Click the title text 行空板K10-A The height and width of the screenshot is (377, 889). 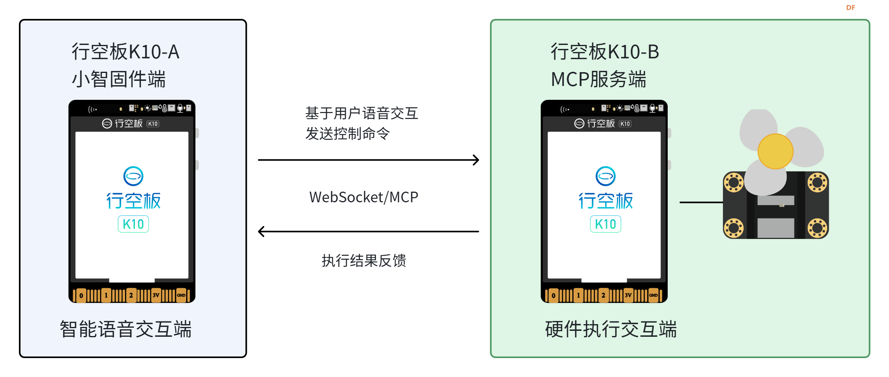coord(125,52)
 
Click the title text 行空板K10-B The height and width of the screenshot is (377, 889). coord(605,52)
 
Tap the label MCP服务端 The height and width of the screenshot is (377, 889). coord(598,79)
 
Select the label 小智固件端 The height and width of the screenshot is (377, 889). coord(119,79)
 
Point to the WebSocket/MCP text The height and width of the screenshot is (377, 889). coord(363,197)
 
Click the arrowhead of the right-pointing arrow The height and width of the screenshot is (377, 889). coord(476,160)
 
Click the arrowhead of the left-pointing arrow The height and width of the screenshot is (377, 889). coord(261,231)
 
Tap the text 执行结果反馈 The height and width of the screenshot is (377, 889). coord(363,261)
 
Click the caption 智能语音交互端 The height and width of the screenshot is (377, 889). coord(125,329)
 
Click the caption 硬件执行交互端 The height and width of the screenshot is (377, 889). coord(611,329)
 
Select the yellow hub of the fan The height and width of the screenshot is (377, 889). coord(775,151)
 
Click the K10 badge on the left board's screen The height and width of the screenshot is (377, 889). coord(133,224)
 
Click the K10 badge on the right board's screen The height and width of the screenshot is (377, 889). coord(605,224)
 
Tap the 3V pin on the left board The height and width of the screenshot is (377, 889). coord(156,295)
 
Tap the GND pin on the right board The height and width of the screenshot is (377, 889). coord(653,295)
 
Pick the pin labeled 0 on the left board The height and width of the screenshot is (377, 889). coord(81,295)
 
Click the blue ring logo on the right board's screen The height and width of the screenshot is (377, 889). coord(605,176)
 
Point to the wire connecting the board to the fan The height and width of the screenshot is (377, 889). coord(701,202)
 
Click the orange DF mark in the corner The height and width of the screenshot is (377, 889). coord(850,7)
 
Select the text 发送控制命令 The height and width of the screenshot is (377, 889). coord(347,134)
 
